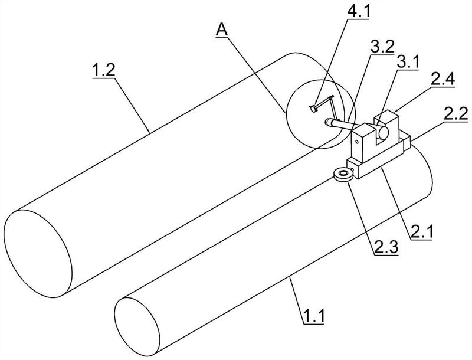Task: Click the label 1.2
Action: pyautogui.click(x=104, y=71)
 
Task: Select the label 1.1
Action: pyautogui.click(x=313, y=317)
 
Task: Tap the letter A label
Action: pyautogui.click(x=222, y=30)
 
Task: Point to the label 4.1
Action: pyautogui.click(x=359, y=12)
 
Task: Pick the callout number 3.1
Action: pyautogui.click(x=407, y=63)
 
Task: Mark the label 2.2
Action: pyautogui.click(x=457, y=114)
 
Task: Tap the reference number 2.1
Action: pyautogui.click(x=421, y=232)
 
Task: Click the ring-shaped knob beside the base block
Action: pyautogui.click(x=343, y=175)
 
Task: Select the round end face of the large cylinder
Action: pyautogui.click(x=38, y=254)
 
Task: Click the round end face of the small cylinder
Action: pyautogui.click(x=137, y=326)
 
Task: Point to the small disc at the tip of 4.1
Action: pyautogui.click(x=313, y=109)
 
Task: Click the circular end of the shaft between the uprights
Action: pyautogui.click(x=383, y=133)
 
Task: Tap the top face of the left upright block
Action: pyautogui.click(x=363, y=129)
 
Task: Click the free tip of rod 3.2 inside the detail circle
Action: pyautogui.click(x=328, y=122)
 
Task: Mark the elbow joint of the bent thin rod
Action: pyautogui.click(x=332, y=97)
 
